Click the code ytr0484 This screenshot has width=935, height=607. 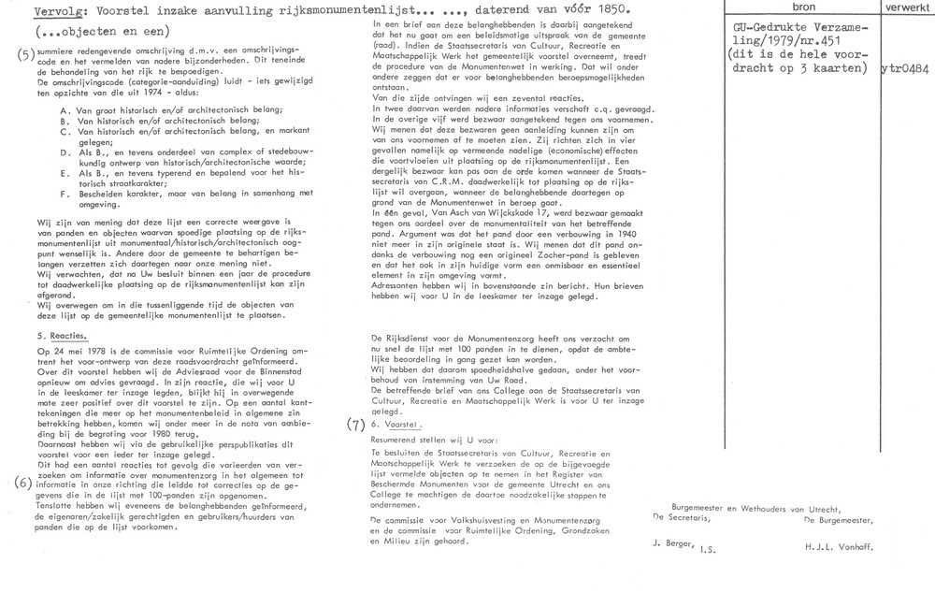pyautogui.click(x=907, y=68)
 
